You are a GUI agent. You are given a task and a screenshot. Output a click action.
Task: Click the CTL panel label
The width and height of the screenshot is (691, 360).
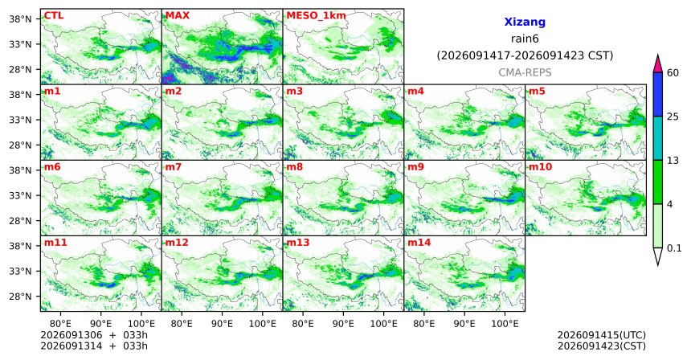click(x=54, y=15)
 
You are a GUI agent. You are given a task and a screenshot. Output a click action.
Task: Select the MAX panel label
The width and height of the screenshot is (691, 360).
click(x=177, y=15)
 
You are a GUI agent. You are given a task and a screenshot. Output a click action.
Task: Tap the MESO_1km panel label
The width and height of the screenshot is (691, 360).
click(x=316, y=16)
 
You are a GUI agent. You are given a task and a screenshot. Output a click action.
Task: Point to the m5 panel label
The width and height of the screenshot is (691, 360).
click(x=537, y=92)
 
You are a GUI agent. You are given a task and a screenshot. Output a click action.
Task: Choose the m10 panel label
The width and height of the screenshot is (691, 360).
click(x=540, y=167)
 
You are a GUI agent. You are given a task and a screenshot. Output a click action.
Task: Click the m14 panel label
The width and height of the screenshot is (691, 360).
click(x=419, y=243)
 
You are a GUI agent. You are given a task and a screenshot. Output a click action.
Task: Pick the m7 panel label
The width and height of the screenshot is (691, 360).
click(x=174, y=167)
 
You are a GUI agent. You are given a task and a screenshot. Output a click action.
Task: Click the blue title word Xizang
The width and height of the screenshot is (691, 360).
click(x=525, y=22)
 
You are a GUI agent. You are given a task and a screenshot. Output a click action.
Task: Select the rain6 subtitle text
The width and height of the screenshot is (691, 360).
click(x=525, y=39)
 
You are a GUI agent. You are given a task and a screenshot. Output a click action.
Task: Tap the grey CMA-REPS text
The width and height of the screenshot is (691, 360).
click(x=525, y=72)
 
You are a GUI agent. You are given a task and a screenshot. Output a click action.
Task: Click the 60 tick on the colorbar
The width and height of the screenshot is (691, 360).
click(x=673, y=72)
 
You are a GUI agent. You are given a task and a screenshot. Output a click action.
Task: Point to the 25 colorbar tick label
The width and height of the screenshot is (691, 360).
click(x=673, y=117)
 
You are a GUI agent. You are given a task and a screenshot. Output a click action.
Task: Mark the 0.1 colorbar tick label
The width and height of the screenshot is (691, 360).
click(x=674, y=248)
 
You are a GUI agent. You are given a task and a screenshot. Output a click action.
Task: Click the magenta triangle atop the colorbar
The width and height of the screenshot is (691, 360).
click(x=658, y=65)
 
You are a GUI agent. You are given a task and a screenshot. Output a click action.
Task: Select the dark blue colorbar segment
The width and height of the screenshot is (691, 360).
click(x=658, y=94)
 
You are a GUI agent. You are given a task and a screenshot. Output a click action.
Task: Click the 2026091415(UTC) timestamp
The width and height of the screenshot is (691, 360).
click(x=602, y=336)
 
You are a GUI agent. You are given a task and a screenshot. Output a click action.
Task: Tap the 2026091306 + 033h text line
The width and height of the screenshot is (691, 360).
click(x=94, y=335)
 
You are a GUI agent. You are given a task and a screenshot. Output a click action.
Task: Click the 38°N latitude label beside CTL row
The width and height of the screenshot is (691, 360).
click(x=20, y=19)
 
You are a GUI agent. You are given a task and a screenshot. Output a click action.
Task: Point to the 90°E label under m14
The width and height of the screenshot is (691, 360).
click(x=464, y=324)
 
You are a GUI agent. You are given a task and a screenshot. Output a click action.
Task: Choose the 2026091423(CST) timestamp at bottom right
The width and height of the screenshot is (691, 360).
click(x=602, y=346)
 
